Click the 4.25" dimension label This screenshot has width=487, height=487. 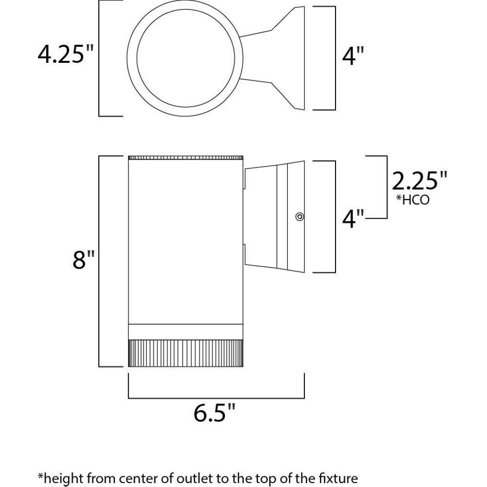[x=66, y=54]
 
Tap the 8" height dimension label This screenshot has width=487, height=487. [x=84, y=260]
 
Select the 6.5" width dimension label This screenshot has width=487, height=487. [x=215, y=412]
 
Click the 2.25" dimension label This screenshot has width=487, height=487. [x=419, y=181]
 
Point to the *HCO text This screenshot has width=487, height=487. [x=412, y=200]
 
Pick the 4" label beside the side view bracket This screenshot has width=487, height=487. [x=353, y=219]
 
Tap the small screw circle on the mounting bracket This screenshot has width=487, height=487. [x=300, y=217]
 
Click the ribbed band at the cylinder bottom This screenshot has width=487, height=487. [x=186, y=353]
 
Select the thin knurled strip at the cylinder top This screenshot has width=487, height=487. [x=186, y=158]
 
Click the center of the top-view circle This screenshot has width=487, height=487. [x=185, y=58]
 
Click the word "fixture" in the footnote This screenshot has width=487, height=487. [x=340, y=478]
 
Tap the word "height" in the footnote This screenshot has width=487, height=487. [x=65, y=479]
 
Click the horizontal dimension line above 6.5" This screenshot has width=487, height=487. [x=216, y=398]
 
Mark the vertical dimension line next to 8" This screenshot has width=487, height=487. [x=99, y=261]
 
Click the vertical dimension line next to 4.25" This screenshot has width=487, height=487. [x=99, y=58]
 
